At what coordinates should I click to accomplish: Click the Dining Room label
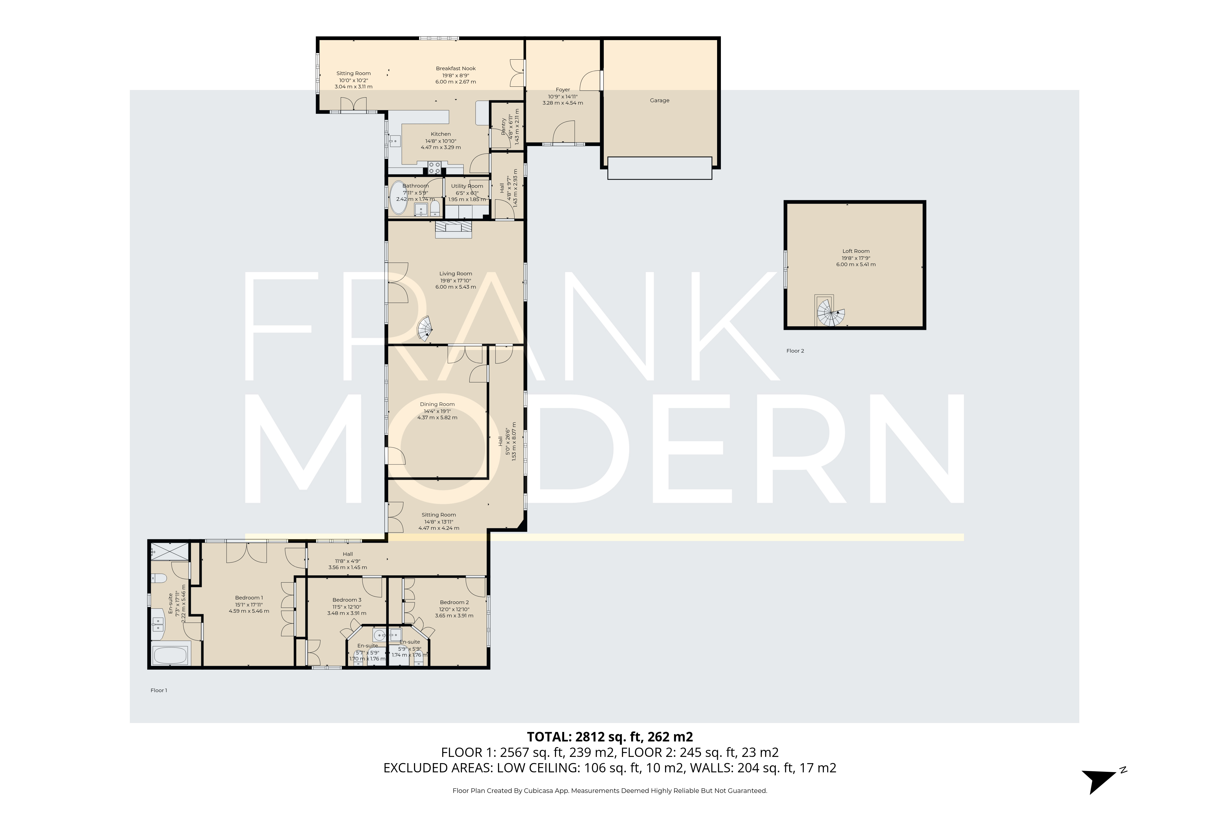tap(437, 404)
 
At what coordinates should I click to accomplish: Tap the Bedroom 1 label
tap(249, 598)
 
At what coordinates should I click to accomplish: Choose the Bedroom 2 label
tap(454, 602)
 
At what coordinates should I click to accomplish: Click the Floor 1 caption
tap(159, 691)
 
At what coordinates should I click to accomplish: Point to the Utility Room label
tap(467, 186)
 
